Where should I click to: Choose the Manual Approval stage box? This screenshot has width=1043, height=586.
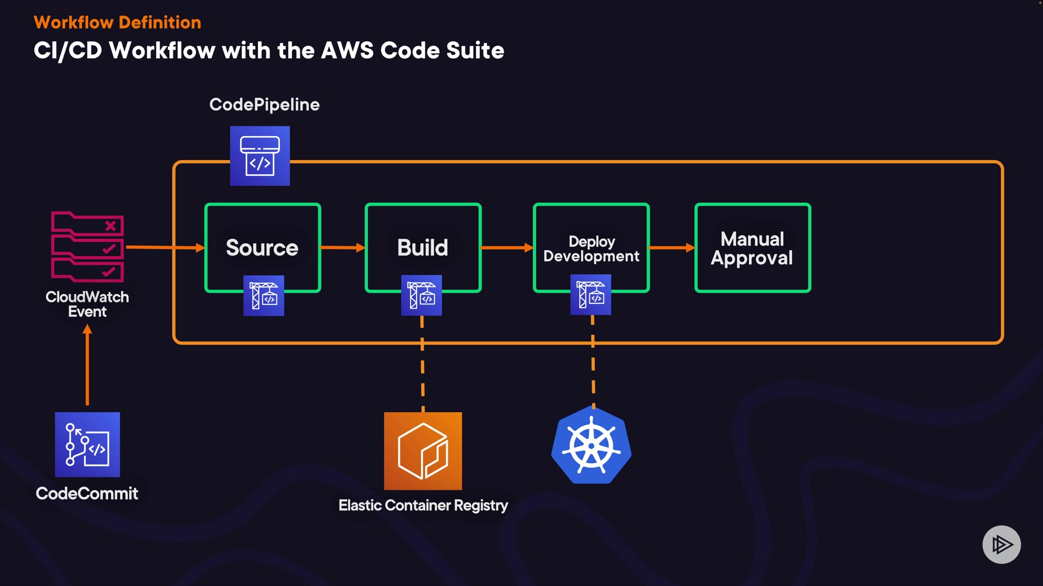click(x=752, y=247)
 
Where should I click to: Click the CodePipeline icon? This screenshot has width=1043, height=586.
click(x=260, y=156)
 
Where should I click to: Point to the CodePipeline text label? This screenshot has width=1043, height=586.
click(x=265, y=104)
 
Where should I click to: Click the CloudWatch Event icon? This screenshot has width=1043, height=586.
click(x=87, y=247)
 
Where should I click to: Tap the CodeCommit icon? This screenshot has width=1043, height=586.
click(x=87, y=444)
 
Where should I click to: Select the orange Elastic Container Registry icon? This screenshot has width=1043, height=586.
click(x=423, y=451)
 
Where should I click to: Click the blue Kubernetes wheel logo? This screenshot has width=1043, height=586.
click(x=592, y=445)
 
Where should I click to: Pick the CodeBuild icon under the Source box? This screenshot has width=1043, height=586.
click(x=263, y=296)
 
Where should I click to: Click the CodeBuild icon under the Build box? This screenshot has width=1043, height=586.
click(x=422, y=296)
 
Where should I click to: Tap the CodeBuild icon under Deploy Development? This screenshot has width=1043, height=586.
click(x=590, y=295)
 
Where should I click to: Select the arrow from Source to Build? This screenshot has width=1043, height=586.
click(x=342, y=247)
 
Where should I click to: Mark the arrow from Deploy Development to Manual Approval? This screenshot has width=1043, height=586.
click(x=671, y=247)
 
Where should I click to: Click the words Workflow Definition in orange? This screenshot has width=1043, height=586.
click(x=117, y=22)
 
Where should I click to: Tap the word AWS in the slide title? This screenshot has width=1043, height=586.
click(x=347, y=50)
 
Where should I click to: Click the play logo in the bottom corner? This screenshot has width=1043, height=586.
click(x=1001, y=544)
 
